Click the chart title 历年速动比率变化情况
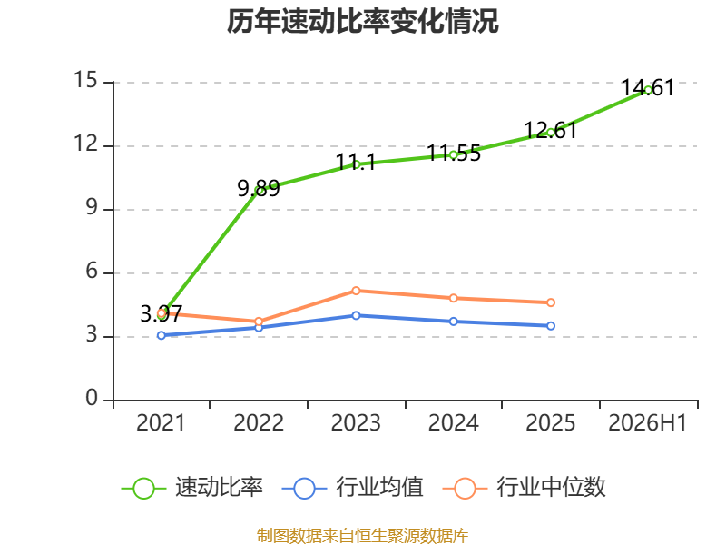[x=362, y=21]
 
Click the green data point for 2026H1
[x=648, y=90]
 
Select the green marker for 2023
[x=356, y=164]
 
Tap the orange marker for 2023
[x=356, y=291]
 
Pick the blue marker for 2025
[x=551, y=326]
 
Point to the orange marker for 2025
[x=551, y=302]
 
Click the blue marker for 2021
[x=162, y=335]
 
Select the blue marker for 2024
[x=453, y=322]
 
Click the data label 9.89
[x=259, y=189]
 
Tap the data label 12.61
[x=551, y=131]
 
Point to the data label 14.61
[x=648, y=88]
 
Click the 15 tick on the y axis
[x=85, y=80]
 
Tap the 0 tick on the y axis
[x=92, y=398]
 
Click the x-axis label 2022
[x=259, y=422]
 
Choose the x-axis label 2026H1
[x=648, y=422]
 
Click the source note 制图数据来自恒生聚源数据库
[x=362, y=536]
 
